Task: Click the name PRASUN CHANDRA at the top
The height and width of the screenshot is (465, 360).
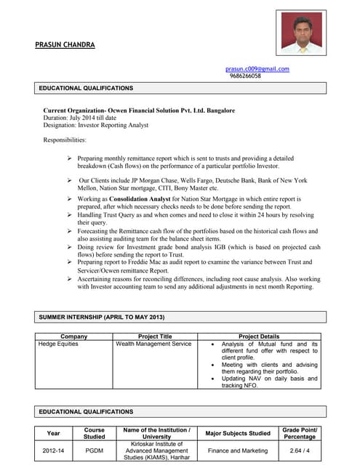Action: (x=65, y=45)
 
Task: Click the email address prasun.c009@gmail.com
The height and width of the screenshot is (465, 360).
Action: (x=257, y=69)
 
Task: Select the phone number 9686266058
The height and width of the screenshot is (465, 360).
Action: (x=245, y=76)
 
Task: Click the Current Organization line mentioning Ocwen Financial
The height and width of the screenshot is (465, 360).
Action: (x=139, y=110)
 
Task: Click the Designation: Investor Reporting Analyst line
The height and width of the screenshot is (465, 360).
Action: (x=96, y=125)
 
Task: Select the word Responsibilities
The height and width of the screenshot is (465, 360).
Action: (x=65, y=139)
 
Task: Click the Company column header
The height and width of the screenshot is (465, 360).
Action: (x=74, y=336)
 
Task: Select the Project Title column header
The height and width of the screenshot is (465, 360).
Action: (x=155, y=336)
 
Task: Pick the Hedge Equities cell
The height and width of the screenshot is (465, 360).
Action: (x=58, y=344)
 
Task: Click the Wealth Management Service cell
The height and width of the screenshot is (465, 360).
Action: (x=153, y=344)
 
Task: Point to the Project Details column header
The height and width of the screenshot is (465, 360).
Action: (x=259, y=336)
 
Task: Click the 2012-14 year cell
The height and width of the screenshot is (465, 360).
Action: (x=53, y=450)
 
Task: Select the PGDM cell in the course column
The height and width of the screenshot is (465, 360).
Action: (x=94, y=450)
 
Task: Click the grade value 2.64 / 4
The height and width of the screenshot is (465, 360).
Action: (x=300, y=450)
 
